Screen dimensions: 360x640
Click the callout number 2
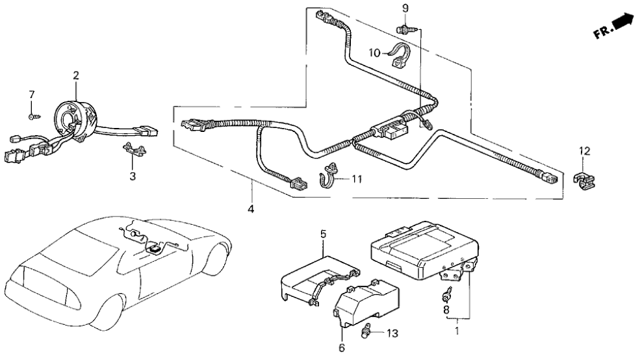[x=76, y=76]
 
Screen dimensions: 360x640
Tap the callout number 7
[x=31, y=96]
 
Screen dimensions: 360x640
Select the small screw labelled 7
[x=32, y=116]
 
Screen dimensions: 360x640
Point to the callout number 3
[x=133, y=176]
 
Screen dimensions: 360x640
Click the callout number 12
[x=585, y=151]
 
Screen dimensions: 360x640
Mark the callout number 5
[x=323, y=233]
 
